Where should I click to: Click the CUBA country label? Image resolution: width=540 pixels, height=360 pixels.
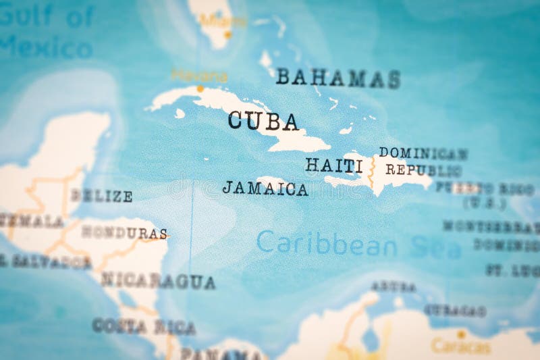click(263, 121)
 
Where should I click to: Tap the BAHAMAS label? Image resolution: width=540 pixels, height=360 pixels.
click(337, 78)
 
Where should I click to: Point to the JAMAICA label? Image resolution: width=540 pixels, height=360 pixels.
click(265, 188)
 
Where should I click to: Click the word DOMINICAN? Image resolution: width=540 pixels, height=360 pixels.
click(423, 153)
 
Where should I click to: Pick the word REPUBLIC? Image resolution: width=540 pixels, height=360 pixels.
click(423, 170)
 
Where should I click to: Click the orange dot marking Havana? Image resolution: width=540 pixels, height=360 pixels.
click(200, 88)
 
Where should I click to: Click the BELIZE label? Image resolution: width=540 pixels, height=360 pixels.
click(101, 196)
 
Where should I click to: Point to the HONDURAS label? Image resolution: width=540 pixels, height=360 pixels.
click(124, 232)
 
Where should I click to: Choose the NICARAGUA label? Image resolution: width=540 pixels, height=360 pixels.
click(158, 281)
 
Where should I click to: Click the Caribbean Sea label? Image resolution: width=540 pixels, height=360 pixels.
click(358, 244)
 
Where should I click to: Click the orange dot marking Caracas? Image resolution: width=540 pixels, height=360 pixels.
click(461, 334)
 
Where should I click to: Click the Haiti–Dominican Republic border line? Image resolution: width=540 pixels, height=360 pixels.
click(370, 173)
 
